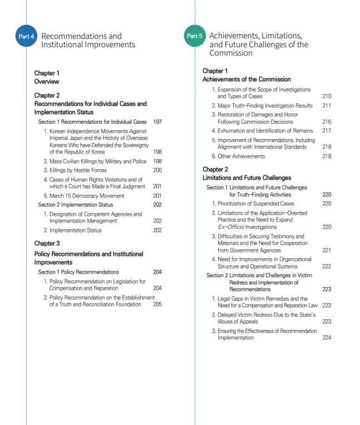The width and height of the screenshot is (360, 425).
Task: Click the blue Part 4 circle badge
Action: [26, 37]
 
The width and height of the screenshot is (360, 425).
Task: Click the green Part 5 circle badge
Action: [194, 36]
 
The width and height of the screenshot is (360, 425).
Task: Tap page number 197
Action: [157, 121]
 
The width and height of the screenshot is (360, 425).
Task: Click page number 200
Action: [157, 170]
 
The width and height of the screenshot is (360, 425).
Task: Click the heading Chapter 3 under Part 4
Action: [47, 243]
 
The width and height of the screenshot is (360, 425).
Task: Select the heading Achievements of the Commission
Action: [246, 80]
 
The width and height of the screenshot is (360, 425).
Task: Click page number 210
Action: [326, 96]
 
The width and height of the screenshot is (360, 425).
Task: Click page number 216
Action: [326, 121]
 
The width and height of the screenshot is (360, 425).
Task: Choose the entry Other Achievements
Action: [241, 156]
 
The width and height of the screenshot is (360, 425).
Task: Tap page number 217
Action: [326, 131]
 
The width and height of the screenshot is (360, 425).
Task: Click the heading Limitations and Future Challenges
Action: [246, 178]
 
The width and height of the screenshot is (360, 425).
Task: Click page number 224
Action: [326, 338]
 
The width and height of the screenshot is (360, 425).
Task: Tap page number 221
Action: [326, 250]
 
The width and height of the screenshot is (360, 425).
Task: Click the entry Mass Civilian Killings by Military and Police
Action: [95, 161]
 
